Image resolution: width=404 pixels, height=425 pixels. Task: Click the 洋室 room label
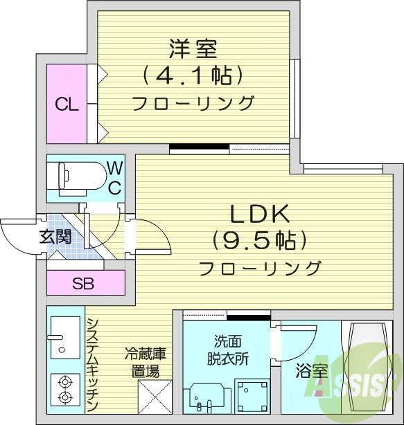pyautogui.click(x=192, y=49)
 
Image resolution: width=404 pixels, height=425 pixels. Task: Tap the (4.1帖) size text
pyautogui.click(x=192, y=74)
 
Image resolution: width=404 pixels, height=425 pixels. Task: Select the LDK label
pyautogui.click(x=257, y=214)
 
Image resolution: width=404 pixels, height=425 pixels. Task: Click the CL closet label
pyautogui.click(x=67, y=105)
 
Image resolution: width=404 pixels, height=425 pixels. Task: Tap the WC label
pyautogui.click(x=114, y=177)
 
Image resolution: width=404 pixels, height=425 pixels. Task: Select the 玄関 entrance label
pyautogui.click(x=55, y=236)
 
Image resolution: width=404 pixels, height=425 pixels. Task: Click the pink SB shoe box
pyautogui.click(x=85, y=283)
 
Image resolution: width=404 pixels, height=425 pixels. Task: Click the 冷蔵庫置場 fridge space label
pyautogui.click(x=143, y=361)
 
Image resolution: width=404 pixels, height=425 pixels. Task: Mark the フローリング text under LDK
pyautogui.click(x=260, y=267)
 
